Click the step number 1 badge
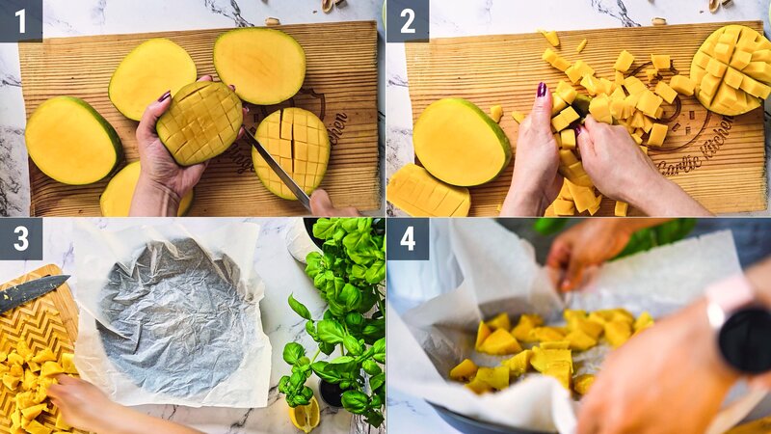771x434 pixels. click(x=20, y=20)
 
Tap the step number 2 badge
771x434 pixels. click(x=407, y=20)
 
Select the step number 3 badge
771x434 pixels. click(x=20, y=238)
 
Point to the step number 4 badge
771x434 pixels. click(x=407, y=238)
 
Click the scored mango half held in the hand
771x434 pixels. click(x=199, y=122)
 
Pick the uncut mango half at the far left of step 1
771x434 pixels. click(x=72, y=141)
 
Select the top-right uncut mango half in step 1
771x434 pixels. click(x=259, y=66)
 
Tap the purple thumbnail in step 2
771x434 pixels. click(x=542, y=90)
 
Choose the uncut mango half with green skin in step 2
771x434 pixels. click(x=460, y=142)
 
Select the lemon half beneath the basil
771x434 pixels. click(x=305, y=414)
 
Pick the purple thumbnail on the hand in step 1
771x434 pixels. click(x=164, y=96)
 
